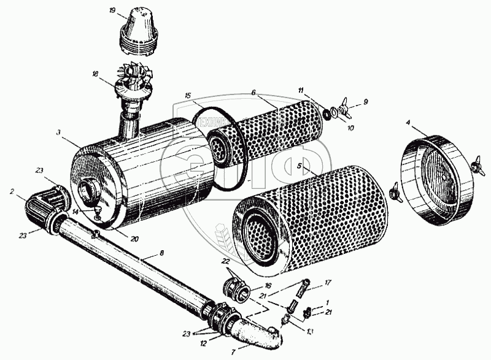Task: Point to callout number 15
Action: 189,96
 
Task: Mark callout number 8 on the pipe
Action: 162,252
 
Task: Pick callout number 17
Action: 328,283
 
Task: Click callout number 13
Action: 309,332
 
